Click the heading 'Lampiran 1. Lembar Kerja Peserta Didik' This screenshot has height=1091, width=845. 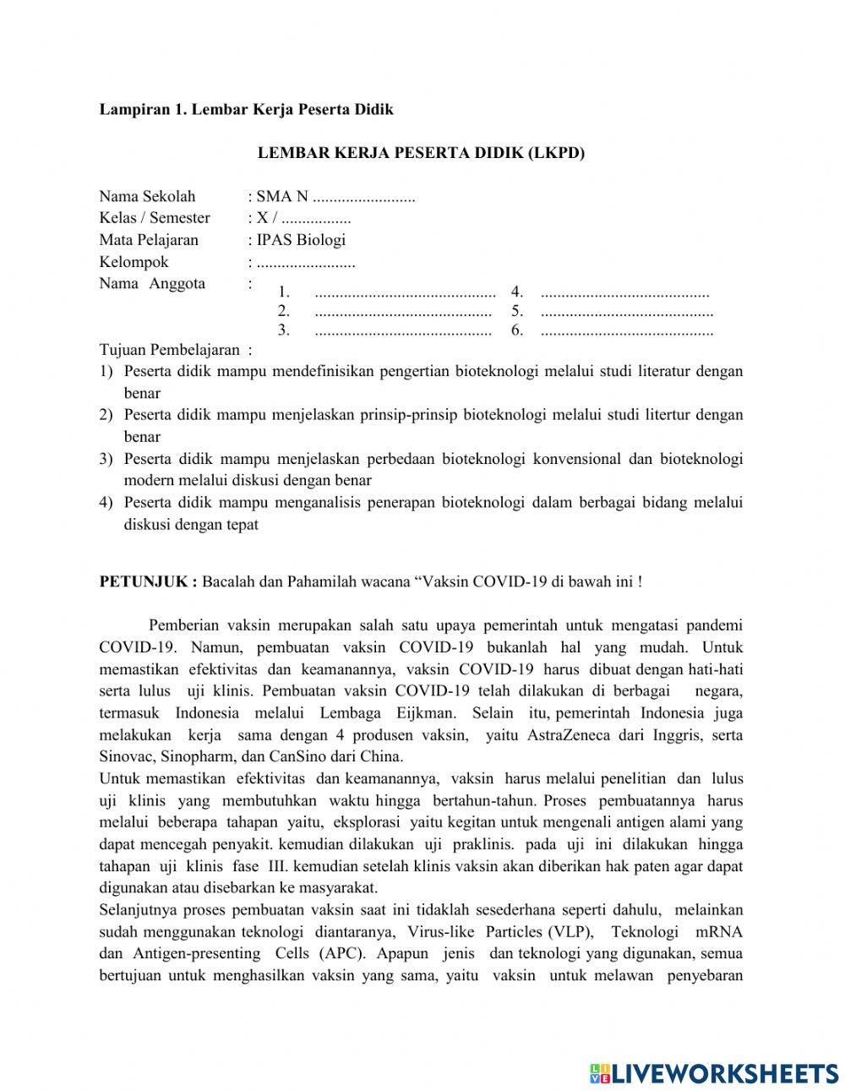point(246,109)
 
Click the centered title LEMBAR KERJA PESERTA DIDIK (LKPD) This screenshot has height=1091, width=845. point(421,153)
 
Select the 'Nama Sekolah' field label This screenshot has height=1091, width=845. point(147,196)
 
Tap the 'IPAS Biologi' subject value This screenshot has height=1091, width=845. point(302,240)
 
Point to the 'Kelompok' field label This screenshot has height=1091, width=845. point(134,262)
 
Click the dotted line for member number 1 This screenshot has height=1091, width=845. point(405,293)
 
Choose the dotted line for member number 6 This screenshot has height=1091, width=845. point(626,330)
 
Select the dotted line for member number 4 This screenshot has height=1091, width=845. point(624,293)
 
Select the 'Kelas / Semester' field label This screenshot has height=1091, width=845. point(155,218)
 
